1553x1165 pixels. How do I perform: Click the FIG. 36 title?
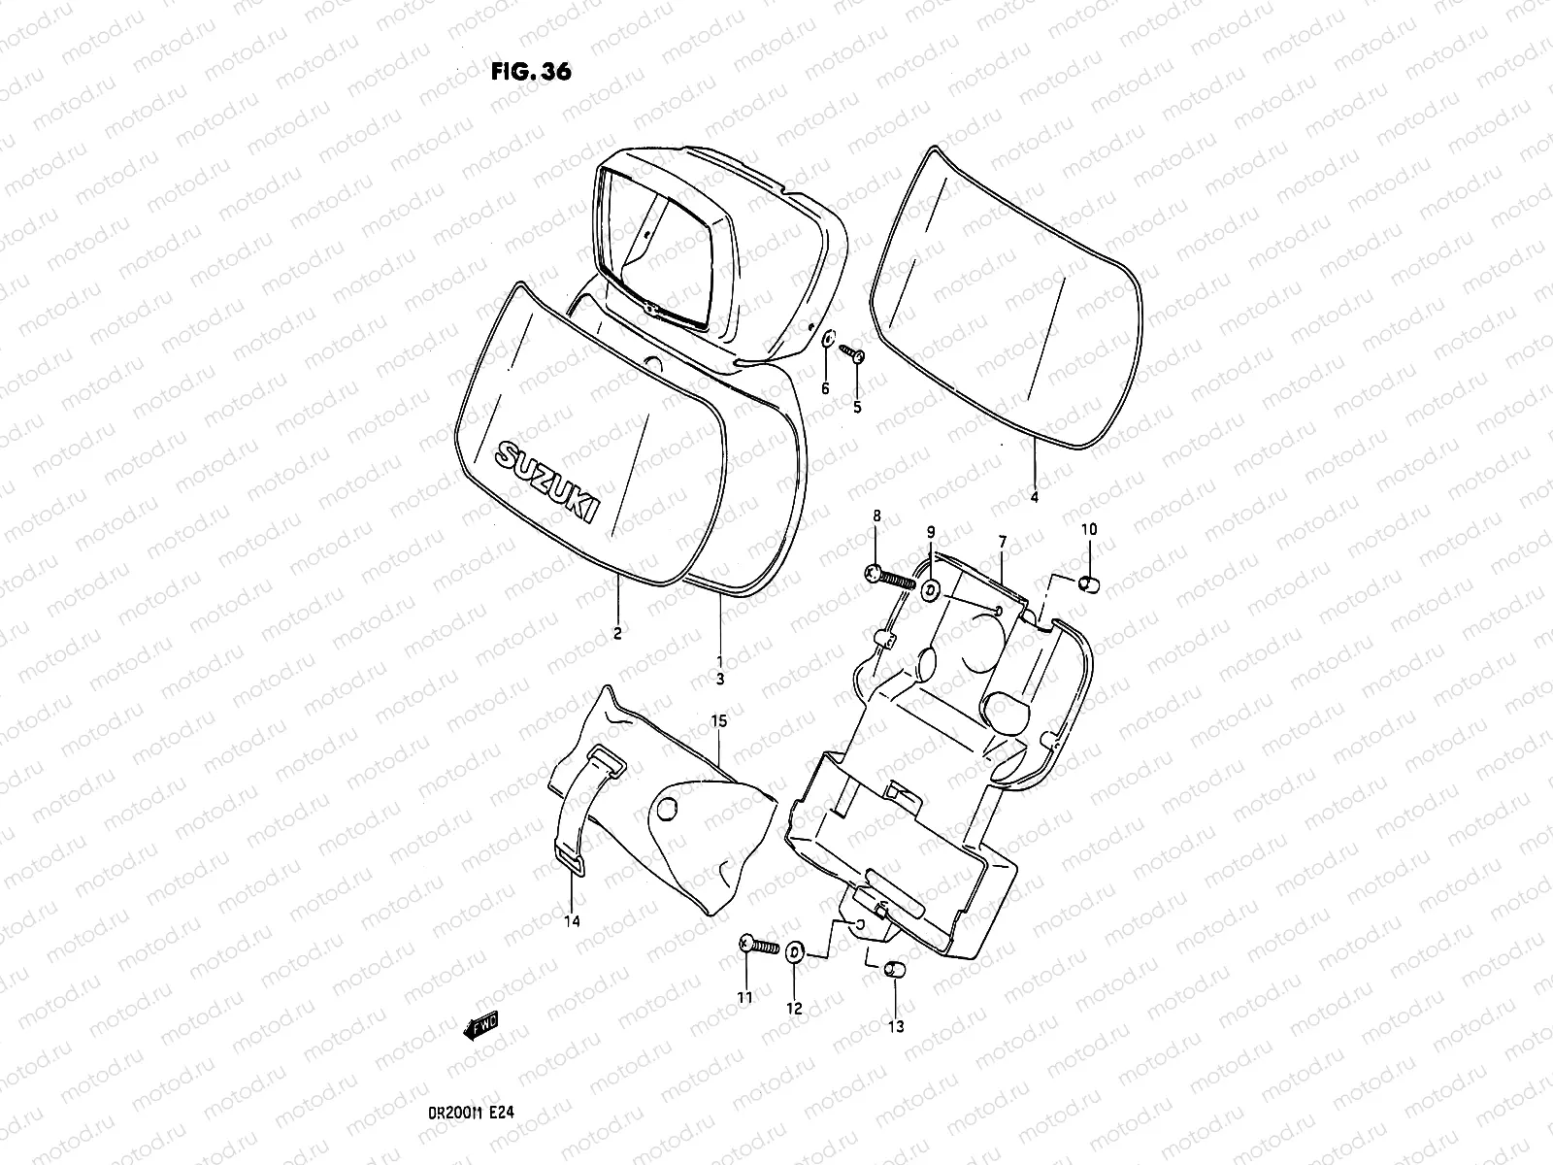point(531,72)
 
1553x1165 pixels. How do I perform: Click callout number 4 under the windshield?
point(1034,497)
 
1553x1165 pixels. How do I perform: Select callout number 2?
point(617,634)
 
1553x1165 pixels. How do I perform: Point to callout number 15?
point(718,721)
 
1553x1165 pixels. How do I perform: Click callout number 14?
point(573,920)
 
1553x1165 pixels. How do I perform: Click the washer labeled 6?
point(828,341)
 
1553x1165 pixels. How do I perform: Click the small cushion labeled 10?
point(1088,583)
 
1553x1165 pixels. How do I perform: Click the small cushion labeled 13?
point(894,974)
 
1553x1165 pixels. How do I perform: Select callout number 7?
point(1002,540)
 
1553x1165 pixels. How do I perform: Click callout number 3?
point(719,680)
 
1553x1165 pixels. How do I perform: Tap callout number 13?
point(895,1026)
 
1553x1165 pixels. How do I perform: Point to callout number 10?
point(1089,529)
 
